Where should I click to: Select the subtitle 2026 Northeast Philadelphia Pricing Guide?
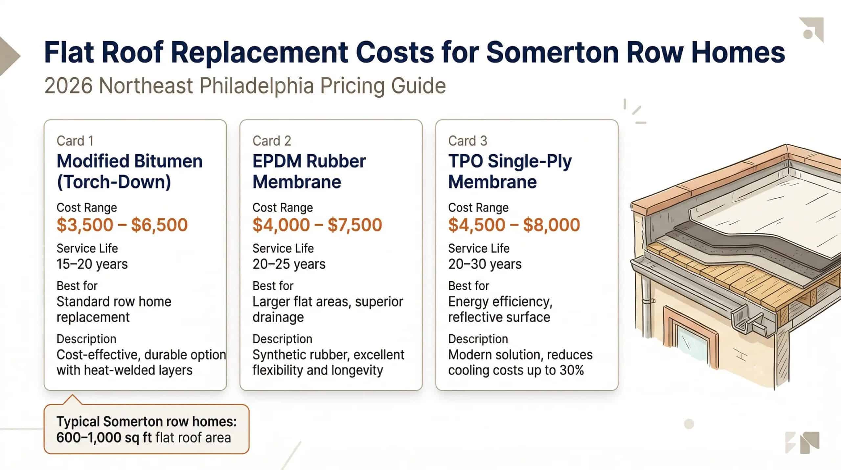pos(245,86)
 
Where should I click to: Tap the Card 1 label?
pos(75,141)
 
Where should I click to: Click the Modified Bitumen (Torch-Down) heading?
pos(129,171)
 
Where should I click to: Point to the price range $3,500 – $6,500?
pos(122,225)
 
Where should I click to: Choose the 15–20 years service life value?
pos(92,264)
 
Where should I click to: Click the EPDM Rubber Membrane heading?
pos(309,171)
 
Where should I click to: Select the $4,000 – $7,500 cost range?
pos(317,225)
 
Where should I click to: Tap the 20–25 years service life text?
pos(289,264)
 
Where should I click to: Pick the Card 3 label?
pos(467,141)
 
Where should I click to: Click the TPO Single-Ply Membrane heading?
pos(510,171)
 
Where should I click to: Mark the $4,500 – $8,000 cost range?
pos(514,225)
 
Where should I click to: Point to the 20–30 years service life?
pos(485,264)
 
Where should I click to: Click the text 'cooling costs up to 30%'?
pos(516,370)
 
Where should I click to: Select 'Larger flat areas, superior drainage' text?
pos(328,309)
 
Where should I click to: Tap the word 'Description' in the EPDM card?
pos(282,339)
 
